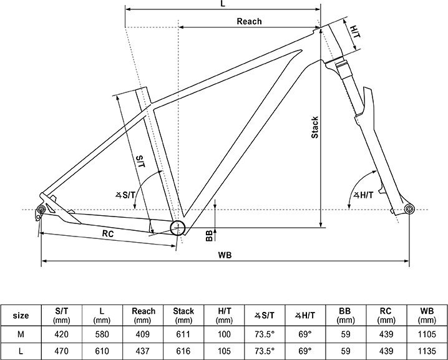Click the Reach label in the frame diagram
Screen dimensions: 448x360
click(x=249, y=21)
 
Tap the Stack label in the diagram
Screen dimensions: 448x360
click(x=314, y=127)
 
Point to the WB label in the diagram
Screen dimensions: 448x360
click(x=225, y=255)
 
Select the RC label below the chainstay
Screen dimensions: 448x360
click(x=108, y=234)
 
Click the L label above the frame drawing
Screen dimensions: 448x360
click(x=223, y=4)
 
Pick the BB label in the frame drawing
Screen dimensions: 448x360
click(x=209, y=236)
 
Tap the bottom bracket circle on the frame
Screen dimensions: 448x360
click(x=178, y=228)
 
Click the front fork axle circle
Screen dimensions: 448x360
click(x=409, y=208)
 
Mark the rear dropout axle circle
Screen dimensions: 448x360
click(x=41, y=210)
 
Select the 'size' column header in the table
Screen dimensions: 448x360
click(x=21, y=316)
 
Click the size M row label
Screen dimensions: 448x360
click(x=21, y=334)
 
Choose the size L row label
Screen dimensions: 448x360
click(x=21, y=351)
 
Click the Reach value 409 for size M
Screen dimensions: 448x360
click(x=142, y=334)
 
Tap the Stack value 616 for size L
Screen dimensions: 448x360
click(x=183, y=351)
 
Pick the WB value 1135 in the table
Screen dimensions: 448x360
click(x=427, y=351)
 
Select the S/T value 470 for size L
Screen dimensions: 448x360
click(x=61, y=351)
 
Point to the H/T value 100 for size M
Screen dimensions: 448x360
click(x=224, y=334)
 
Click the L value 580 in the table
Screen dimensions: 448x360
click(x=102, y=334)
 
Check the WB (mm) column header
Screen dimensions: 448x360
click(x=427, y=316)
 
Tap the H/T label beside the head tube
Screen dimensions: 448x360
click(x=356, y=32)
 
